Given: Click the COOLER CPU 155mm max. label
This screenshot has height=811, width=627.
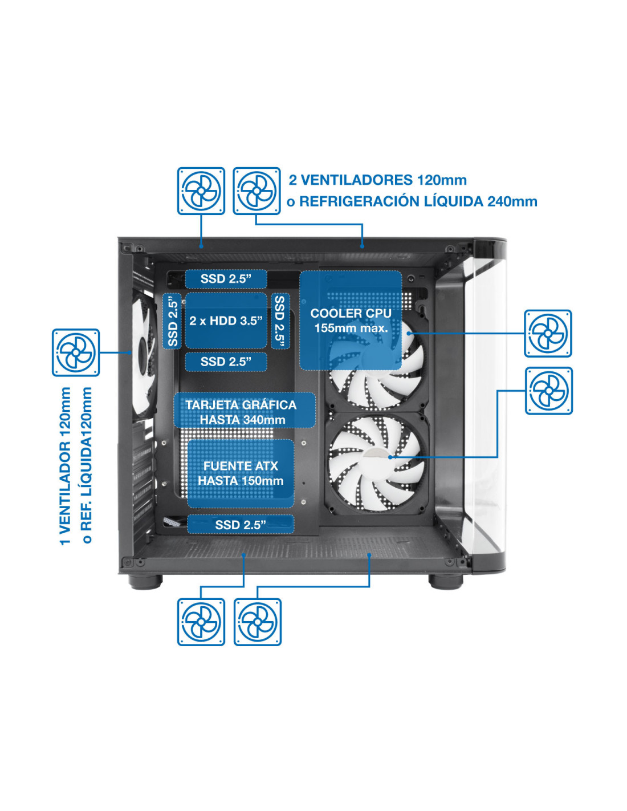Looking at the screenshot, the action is [x=350, y=320].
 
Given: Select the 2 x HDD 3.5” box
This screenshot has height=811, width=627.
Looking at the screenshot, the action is [x=226, y=321].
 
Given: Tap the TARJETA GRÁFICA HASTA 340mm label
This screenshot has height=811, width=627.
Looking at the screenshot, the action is [x=245, y=410].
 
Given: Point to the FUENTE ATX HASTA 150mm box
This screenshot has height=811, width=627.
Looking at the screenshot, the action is [x=241, y=473].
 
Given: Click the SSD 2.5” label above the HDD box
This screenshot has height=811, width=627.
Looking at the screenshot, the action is [x=226, y=279].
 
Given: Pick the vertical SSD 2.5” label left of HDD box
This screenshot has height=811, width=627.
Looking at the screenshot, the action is [x=172, y=321].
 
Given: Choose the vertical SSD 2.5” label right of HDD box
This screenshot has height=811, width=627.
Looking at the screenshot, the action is [x=280, y=321].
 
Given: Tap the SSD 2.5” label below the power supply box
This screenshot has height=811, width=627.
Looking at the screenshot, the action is [x=241, y=525].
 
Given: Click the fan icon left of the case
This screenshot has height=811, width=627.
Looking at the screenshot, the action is [x=76, y=352].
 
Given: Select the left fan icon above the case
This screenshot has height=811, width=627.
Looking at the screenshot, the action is [x=201, y=190].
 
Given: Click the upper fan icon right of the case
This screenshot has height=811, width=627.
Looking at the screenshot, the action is [x=548, y=333].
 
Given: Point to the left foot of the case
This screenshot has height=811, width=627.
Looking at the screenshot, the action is [x=145, y=582].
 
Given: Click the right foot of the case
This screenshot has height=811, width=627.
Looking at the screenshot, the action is [x=446, y=582].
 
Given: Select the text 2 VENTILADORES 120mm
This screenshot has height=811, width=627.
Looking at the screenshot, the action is [x=378, y=180].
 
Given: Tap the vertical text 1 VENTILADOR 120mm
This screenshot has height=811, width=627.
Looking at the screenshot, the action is [x=65, y=466].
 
